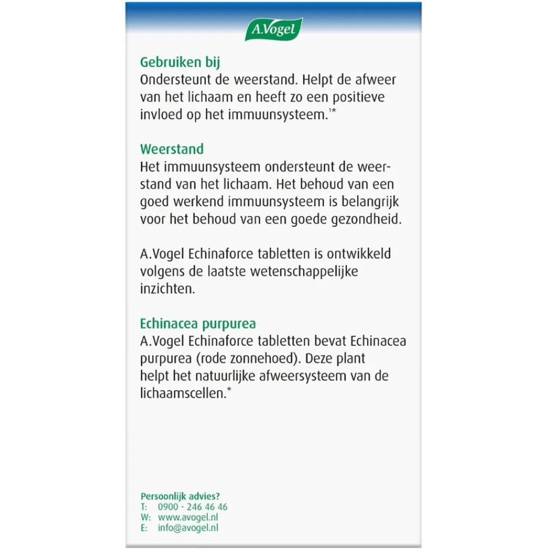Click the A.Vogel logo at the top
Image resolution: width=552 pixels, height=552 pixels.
coord(274,29)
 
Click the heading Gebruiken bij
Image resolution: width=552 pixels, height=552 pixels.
coord(180,62)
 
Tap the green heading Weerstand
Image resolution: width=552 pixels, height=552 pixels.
coord(172,149)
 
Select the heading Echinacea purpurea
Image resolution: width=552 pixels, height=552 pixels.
coord(198,324)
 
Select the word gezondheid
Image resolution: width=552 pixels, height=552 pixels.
coord(362,219)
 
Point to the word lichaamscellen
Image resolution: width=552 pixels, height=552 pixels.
coord(182,394)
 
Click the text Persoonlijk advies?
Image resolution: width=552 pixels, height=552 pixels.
coord(180,496)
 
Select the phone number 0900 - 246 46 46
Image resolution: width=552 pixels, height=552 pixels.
coord(193,507)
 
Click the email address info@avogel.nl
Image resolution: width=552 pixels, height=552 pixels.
coord(188,528)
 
